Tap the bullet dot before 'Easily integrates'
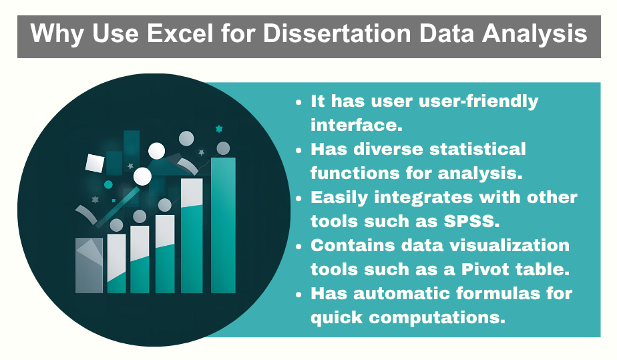[299, 198]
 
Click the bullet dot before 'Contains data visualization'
[299, 246]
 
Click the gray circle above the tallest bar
[223, 148]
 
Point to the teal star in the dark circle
[218, 128]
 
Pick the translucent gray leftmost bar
[89, 265]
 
